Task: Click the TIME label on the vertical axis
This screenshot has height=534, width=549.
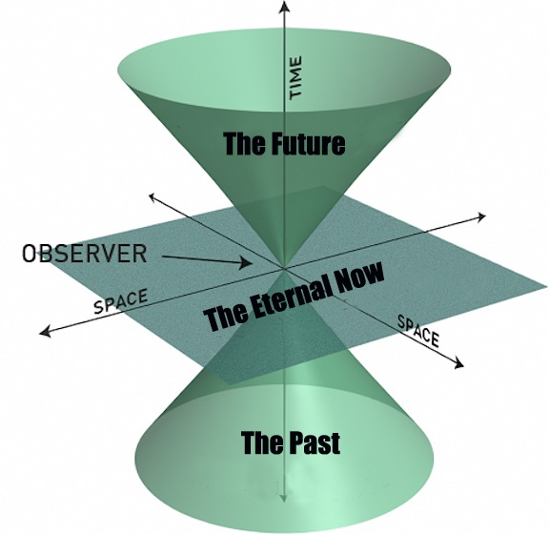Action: [295, 78]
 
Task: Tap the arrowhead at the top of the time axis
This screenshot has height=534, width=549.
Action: [284, 7]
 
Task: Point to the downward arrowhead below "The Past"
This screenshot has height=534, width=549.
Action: [283, 499]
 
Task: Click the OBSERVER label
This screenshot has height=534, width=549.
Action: [84, 253]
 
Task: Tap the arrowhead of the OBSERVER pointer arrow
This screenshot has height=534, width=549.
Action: [247, 262]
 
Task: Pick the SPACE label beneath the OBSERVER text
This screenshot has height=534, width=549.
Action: [120, 301]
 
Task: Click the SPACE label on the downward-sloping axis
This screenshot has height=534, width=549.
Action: [418, 330]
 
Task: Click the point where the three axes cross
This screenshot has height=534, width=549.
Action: [285, 269]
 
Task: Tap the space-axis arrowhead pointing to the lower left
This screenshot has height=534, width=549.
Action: [45, 332]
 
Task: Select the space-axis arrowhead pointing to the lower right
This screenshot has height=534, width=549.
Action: [458, 362]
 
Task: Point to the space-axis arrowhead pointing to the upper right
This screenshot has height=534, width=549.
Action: [480, 216]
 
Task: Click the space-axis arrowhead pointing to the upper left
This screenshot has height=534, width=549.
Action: [153, 197]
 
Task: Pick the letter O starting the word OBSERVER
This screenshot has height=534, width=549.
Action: [29, 253]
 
